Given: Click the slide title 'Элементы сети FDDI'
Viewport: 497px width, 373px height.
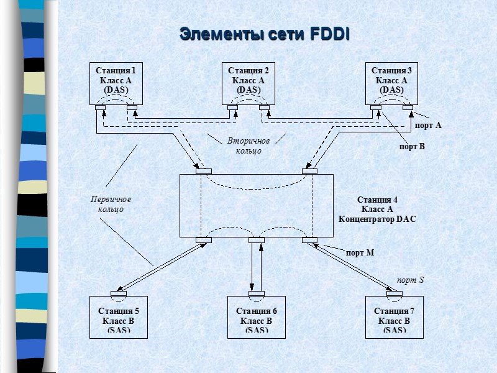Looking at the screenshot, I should (x=264, y=34).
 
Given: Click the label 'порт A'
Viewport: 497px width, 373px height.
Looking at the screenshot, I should (x=428, y=126).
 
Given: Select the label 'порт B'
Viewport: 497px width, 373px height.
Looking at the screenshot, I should (x=411, y=147).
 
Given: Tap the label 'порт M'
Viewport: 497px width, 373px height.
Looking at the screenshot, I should (x=360, y=252).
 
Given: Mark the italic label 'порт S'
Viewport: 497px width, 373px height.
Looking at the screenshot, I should (x=410, y=280).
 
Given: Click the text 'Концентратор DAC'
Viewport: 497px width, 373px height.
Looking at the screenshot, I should (x=376, y=219).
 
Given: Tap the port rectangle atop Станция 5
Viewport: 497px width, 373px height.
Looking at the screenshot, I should (x=119, y=294).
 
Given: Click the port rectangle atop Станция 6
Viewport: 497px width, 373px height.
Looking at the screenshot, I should (x=256, y=294).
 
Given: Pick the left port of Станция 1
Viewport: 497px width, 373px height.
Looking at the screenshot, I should (x=100, y=108).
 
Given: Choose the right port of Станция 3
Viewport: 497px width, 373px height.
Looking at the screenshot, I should (x=408, y=108).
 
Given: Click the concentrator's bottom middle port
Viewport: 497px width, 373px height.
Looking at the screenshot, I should (x=257, y=240).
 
